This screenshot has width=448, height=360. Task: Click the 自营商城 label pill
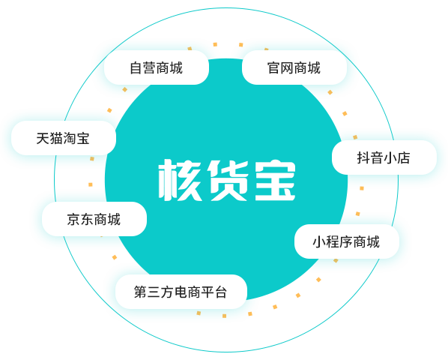pos(157,67)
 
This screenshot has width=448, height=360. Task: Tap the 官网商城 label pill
pos(294,67)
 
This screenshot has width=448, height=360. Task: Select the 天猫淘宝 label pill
pos(64,138)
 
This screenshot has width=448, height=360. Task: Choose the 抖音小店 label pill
pos(384,157)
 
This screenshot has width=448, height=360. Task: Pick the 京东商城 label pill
pos(94,219)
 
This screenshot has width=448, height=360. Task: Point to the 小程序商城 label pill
pos(347,241)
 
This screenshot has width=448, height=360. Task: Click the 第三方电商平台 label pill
pos(181,292)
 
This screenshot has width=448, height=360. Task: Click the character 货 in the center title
pos(228,180)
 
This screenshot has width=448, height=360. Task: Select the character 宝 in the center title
pos(275,180)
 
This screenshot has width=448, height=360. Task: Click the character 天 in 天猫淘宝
pos(43,139)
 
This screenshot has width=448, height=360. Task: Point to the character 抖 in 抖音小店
pos(363,157)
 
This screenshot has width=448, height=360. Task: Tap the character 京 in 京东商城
pos(73,219)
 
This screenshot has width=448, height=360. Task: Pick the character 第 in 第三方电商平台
pos(141,292)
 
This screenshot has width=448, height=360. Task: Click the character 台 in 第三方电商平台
pos(221,292)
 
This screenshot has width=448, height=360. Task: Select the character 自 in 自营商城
pos(136,67)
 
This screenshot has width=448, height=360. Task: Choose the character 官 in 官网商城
pos(273,67)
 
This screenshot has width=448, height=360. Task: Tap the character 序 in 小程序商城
pos(347,242)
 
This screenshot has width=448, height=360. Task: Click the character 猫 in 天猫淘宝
pos(56,139)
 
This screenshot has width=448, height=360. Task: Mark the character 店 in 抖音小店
pos(404,157)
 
